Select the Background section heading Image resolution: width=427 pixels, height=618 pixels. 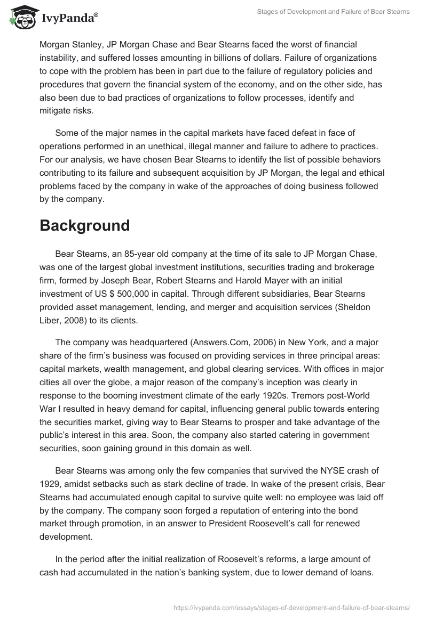(84, 225)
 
